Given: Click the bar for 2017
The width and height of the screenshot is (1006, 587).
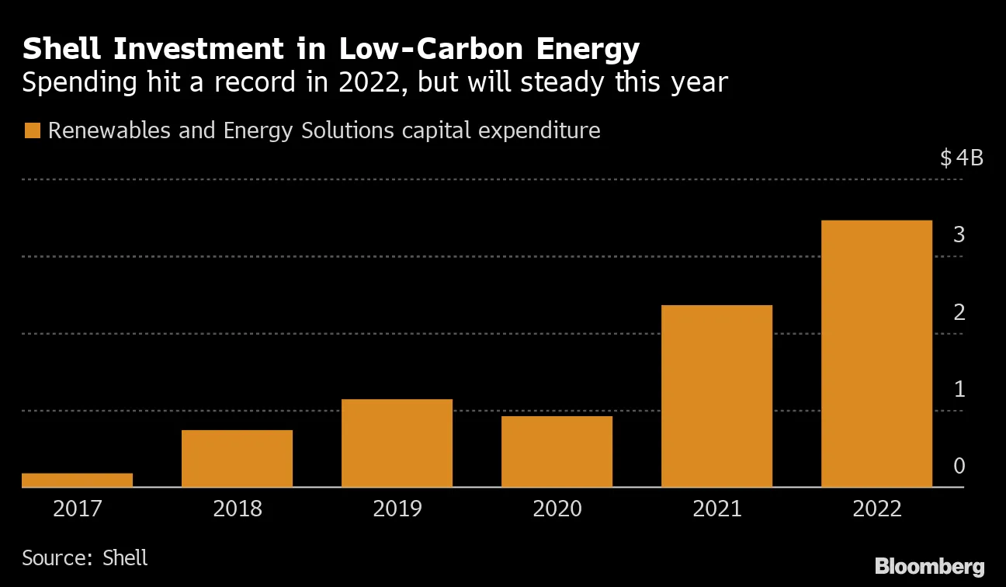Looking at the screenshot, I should pos(77,480).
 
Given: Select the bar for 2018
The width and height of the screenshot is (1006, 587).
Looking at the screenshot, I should pos(237,458).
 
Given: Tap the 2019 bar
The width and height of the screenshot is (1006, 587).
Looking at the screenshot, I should pos(397,443).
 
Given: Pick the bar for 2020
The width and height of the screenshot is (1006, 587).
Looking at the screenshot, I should pos(557,451).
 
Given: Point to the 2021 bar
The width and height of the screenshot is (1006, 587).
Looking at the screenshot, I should pos(716,396).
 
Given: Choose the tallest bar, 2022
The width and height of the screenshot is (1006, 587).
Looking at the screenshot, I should pos(876,353).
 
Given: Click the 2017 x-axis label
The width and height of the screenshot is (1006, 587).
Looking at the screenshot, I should pos(77,509).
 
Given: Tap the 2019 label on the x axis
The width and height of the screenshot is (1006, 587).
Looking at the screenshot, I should pos(397,509).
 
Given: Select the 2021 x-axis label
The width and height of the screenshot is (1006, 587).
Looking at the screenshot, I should pos(716,509).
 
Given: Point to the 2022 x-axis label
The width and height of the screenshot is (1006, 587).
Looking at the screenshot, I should pos(876,509).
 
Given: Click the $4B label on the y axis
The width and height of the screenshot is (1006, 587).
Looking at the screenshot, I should pos(961,158).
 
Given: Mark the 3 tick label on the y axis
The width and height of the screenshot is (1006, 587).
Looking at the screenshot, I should pos(959,234).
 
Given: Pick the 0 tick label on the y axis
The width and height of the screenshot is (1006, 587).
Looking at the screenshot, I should pos(959,466).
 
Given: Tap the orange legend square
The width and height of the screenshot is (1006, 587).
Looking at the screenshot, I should pos(32,130).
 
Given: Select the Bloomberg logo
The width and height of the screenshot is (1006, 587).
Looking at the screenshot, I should pos(929,566).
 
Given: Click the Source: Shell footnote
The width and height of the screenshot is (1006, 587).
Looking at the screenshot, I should pos(85,557).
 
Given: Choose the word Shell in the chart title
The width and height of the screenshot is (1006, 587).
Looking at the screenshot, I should pos(64,50).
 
